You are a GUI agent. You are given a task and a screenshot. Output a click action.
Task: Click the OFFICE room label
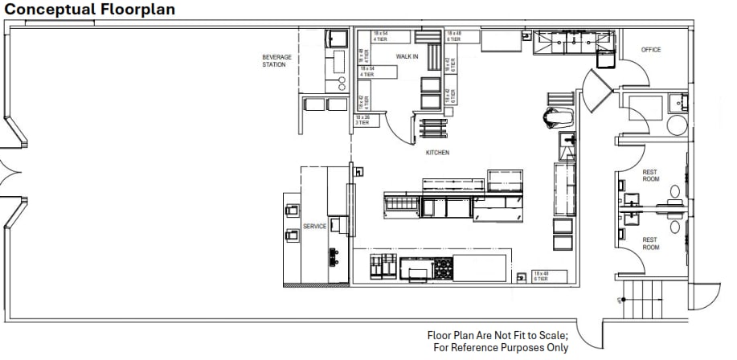pyautogui.click(x=651, y=50)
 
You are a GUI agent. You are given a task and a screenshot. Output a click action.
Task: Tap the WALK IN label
pyautogui.click(x=407, y=56)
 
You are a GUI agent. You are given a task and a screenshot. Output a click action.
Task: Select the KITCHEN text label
pyautogui.click(x=438, y=152)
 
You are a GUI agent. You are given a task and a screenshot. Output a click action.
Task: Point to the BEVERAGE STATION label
pyautogui.click(x=276, y=60)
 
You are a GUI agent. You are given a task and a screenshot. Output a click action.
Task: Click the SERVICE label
pyautogui.click(x=314, y=227)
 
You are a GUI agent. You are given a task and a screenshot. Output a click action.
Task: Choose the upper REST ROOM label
pyautogui.click(x=650, y=175)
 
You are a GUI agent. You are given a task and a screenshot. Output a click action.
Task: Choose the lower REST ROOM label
pyautogui.click(x=650, y=243)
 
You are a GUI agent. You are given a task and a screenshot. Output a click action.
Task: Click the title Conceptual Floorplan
pyautogui.click(x=88, y=10)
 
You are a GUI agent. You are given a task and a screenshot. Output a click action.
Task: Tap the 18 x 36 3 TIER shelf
pyautogui.click(x=362, y=119)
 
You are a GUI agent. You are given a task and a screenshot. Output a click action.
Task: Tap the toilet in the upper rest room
pyautogui.click(x=675, y=192)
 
